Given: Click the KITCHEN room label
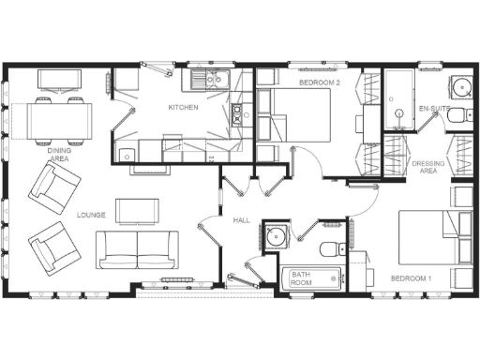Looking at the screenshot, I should click(184, 108).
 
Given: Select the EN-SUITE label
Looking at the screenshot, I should click(433, 109).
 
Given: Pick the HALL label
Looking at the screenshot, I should click(240, 219).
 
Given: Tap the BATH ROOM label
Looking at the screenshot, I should click(300, 278).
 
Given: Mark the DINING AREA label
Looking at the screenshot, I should click(59, 154).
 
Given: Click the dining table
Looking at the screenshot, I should click(62, 119).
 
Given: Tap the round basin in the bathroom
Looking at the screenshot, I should click(274, 236).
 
